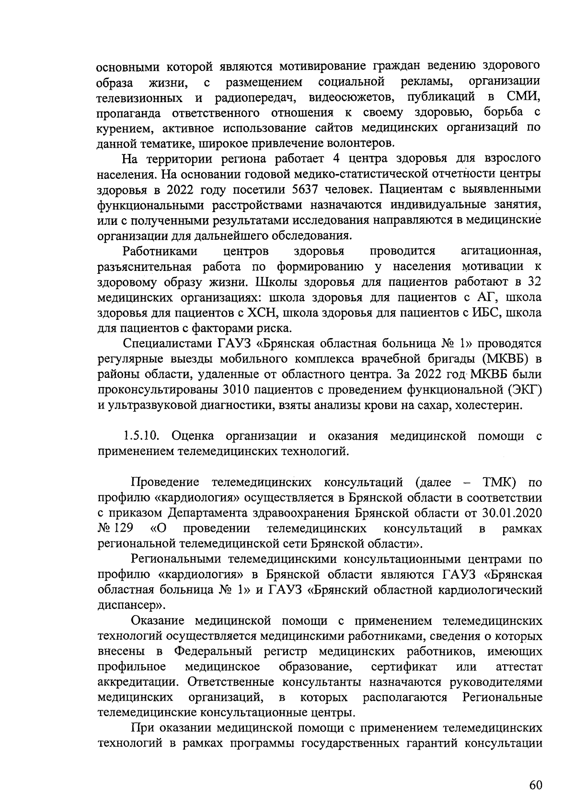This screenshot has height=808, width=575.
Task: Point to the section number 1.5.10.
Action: pos(141,436)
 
